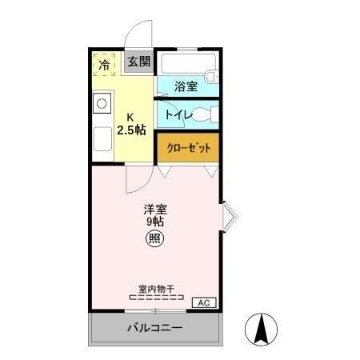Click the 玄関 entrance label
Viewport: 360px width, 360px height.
[x=138, y=62]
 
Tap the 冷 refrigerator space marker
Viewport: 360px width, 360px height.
[x=104, y=62]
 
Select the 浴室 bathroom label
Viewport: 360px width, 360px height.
[x=187, y=86]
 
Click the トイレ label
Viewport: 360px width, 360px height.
[x=177, y=114]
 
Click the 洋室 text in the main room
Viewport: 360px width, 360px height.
[x=155, y=210]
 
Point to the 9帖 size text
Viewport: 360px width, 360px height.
[x=155, y=222]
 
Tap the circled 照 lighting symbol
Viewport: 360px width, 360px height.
[x=155, y=238]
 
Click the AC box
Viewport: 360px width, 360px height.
[x=203, y=302]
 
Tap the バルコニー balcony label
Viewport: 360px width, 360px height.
[x=154, y=328]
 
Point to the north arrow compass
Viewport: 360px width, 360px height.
[x=261, y=329]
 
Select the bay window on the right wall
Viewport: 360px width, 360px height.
[x=227, y=214]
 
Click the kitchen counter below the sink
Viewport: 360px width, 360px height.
[x=102, y=140]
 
